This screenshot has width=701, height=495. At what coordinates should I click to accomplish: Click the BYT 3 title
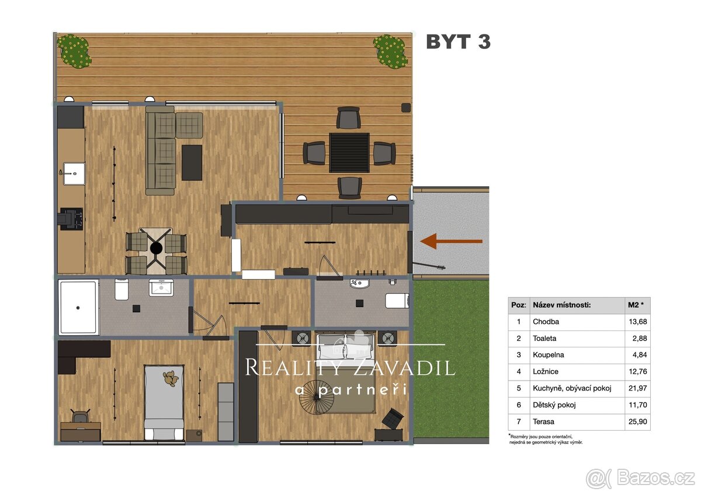(458, 41)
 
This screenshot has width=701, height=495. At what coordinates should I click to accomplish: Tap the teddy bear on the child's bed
(171, 378)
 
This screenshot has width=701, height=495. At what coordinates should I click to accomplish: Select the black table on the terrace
(349, 152)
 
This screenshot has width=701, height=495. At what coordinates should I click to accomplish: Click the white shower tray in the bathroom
(78, 307)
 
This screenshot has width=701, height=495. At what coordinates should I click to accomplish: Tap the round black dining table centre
(156, 248)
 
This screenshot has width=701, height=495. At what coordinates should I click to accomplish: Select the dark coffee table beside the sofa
(192, 162)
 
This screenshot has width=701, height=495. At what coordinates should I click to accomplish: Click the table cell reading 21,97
(637, 388)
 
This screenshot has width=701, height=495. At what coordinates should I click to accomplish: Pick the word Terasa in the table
(543, 421)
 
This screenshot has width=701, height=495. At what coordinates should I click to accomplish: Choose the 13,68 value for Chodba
(637, 322)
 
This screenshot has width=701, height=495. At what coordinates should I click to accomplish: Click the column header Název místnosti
(561, 305)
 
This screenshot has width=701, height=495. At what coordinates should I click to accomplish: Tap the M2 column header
(636, 305)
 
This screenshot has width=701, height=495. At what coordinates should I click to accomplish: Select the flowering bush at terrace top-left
(74, 51)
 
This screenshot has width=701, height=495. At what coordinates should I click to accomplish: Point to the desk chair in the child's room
(81, 416)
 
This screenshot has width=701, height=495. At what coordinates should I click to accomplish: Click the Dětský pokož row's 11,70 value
(637, 405)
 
